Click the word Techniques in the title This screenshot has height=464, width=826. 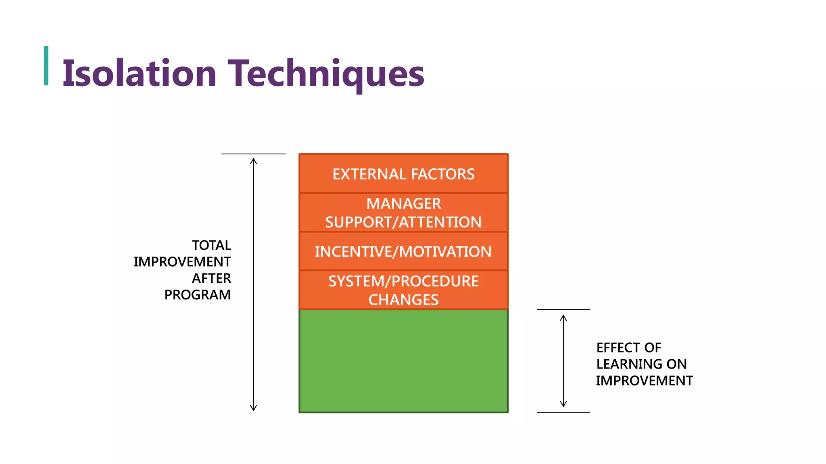click(x=326, y=73)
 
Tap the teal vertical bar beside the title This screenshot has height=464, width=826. click(x=46, y=66)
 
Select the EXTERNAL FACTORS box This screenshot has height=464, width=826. click(x=403, y=174)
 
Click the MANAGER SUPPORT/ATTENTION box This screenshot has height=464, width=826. click(x=403, y=213)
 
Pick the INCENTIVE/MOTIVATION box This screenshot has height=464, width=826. click(x=403, y=252)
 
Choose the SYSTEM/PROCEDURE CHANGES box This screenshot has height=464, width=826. click(x=403, y=290)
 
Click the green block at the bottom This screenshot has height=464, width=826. click(x=403, y=361)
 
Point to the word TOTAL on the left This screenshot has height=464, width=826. click(x=211, y=245)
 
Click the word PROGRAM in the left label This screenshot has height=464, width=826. click(x=197, y=295)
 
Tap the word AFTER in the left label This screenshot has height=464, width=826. click(x=211, y=278)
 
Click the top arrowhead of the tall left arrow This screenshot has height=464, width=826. click(x=253, y=161)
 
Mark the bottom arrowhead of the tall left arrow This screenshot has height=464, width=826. click(x=253, y=408)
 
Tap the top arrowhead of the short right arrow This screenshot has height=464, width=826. click(x=563, y=318)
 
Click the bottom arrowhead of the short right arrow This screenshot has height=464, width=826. click(x=563, y=404)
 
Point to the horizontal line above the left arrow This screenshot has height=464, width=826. click(x=253, y=154)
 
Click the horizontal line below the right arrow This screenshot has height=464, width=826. click(x=563, y=412)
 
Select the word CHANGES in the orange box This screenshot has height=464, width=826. click(x=403, y=300)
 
